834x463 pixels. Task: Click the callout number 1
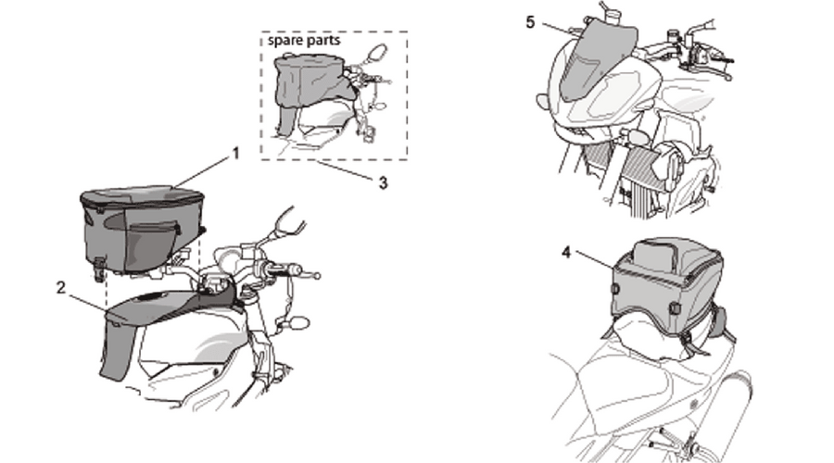tap(236, 154)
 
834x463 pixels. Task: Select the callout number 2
tap(61, 288)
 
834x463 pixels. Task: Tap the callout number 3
tap(383, 182)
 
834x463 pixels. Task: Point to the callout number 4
tap(566, 253)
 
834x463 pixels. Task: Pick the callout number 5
tap(530, 22)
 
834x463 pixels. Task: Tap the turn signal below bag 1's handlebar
tap(297, 322)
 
